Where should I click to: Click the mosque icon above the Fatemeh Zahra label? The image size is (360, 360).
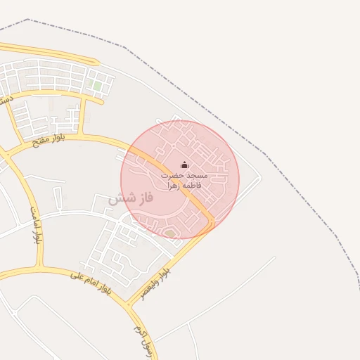(x=185, y=165)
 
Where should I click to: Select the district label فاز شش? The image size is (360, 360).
(x=130, y=198)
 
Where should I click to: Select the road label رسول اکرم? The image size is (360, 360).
(x=138, y=330)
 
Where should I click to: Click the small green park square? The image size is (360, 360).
(x=97, y=86)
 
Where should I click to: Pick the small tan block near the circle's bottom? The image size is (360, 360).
(x=169, y=233)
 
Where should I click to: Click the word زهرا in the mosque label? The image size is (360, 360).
(x=174, y=186)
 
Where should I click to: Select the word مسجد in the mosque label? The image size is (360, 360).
(x=195, y=174)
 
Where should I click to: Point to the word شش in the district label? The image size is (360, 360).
(x=119, y=198)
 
